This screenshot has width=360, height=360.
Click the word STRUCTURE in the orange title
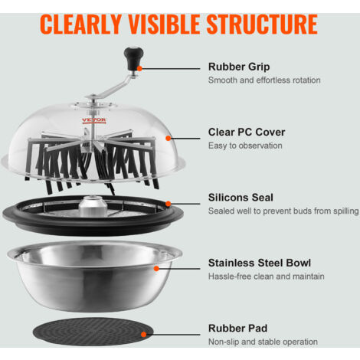tap(262, 24)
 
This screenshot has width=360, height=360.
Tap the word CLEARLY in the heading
tap(80, 24)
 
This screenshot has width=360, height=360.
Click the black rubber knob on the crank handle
tap(133, 57)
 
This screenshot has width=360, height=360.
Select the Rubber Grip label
tap(239, 67)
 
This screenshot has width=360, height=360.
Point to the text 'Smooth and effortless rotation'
tap(264, 80)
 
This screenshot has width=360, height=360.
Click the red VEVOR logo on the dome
tap(94, 120)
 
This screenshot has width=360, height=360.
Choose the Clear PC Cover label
tap(247, 133)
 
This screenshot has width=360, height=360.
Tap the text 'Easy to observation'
tap(245, 146)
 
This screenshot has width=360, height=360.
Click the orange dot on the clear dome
tap(168, 138)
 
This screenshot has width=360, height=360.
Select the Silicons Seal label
tap(241, 198)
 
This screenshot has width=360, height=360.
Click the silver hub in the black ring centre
tap(93, 206)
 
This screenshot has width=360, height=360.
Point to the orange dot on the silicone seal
tap(168, 204)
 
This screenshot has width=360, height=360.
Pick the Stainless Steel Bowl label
tap(260, 263)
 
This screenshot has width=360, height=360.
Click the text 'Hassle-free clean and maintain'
tap(267, 277)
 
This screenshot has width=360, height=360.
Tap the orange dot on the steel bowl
tap(156, 268)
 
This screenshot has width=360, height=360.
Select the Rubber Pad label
tap(237, 329)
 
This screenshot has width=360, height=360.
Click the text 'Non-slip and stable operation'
tap(263, 342)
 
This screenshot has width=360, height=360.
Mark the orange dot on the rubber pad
tap(144, 335)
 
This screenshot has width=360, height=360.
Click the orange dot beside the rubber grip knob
tap(139, 68)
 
